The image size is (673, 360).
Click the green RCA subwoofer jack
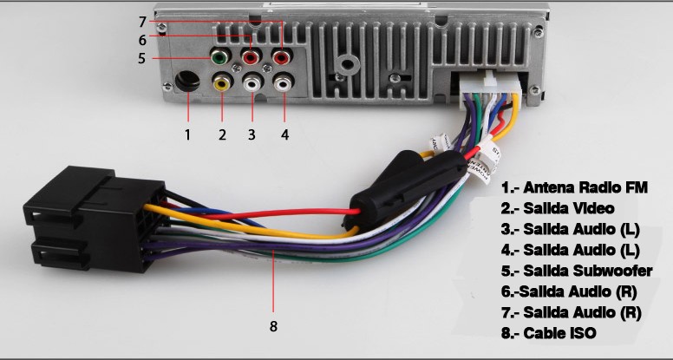[x=220, y=59]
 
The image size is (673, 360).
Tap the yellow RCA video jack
[x=222, y=84]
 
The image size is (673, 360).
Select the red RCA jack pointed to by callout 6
[x=252, y=59]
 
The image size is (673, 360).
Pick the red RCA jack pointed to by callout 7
[x=283, y=59]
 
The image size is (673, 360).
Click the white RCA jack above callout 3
[x=252, y=84]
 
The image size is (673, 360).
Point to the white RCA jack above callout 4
[x=284, y=84]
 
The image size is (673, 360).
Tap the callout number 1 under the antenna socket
[x=186, y=134]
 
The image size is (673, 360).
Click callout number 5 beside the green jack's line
[x=141, y=59]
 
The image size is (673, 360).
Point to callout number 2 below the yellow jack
[x=222, y=134]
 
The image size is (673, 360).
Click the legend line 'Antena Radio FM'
[x=574, y=187]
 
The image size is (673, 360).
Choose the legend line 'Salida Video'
[x=557, y=208]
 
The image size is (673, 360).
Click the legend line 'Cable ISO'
[x=548, y=332]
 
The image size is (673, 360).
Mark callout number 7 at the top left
[x=141, y=21]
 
